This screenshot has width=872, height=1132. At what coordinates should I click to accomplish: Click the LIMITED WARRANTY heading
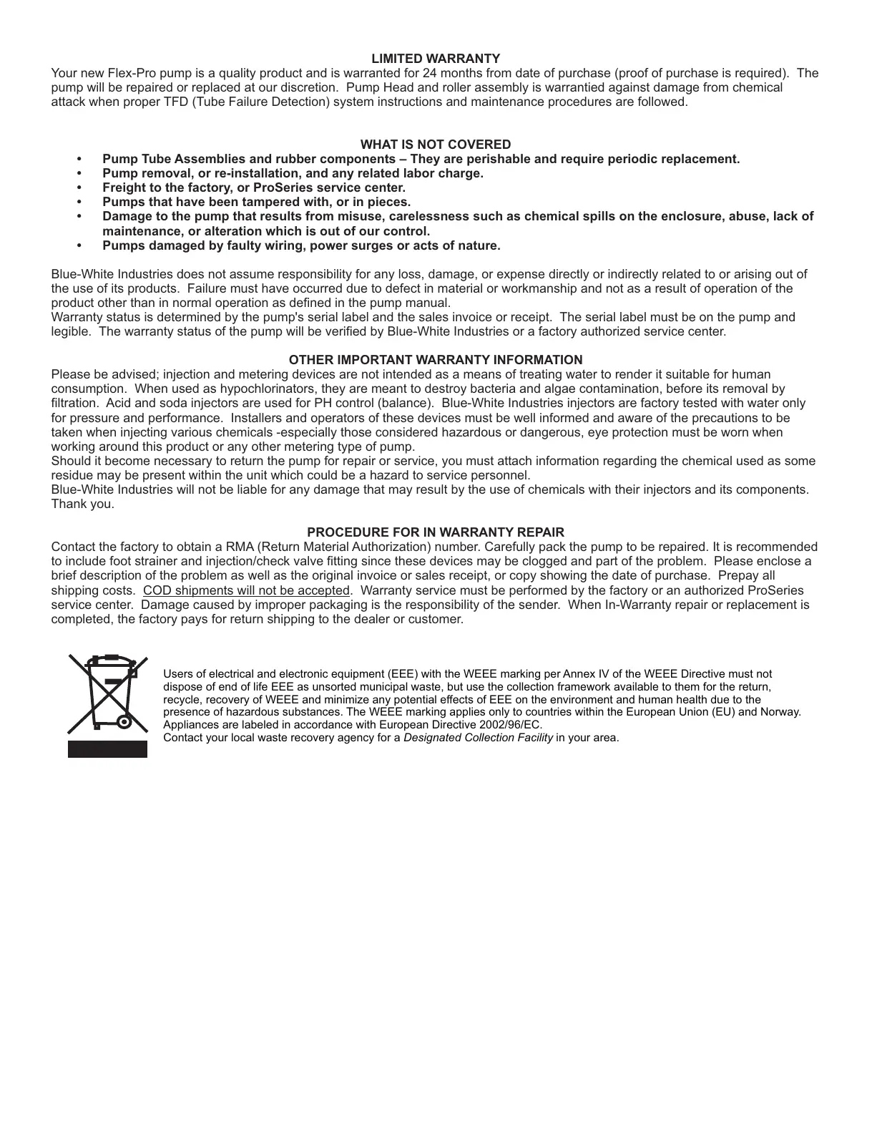tap(435, 58)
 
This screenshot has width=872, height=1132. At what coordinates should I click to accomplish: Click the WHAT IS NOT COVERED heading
tap(435, 145)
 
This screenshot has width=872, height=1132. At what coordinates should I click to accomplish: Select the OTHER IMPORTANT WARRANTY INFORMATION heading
tap(435, 360)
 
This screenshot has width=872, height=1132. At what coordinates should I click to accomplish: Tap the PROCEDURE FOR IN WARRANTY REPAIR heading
tap(435, 532)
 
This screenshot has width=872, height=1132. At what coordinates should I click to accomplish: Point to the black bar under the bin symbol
tap(107, 748)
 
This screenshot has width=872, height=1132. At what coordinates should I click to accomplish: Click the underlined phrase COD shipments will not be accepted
tap(246, 590)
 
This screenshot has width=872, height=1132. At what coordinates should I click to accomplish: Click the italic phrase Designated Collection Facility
tap(478, 737)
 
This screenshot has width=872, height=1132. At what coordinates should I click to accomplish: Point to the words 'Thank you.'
tap(82, 504)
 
